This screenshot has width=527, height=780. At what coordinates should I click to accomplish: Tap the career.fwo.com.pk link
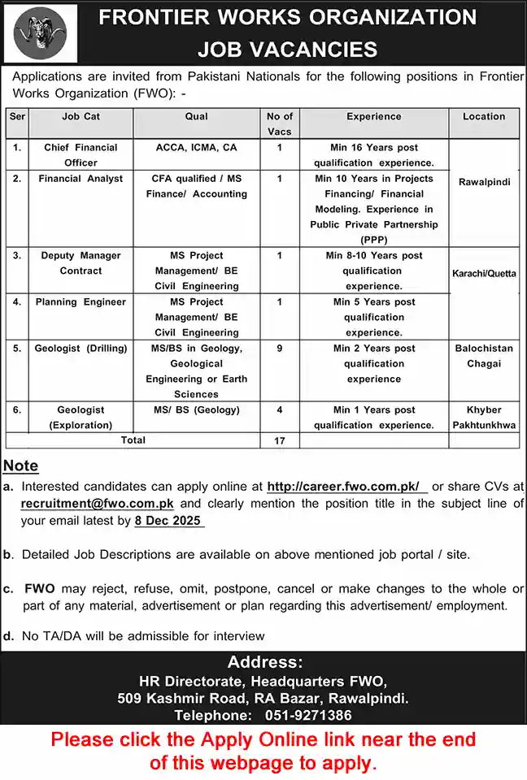click(343, 487)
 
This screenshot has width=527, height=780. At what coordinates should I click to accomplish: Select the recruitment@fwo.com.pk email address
click(98, 504)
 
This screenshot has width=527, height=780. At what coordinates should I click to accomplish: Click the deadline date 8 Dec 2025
click(169, 521)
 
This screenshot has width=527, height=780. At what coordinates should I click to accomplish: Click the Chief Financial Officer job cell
click(81, 155)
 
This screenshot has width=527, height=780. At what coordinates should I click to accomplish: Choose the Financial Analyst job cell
click(81, 179)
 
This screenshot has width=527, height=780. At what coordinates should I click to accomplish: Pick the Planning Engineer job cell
click(81, 302)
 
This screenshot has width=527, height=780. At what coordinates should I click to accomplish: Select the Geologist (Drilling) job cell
click(81, 349)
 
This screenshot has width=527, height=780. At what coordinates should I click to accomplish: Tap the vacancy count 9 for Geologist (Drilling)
click(280, 349)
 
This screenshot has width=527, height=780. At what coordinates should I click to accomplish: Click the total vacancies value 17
click(280, 440)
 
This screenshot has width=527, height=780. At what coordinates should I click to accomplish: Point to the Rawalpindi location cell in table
click(484, 182)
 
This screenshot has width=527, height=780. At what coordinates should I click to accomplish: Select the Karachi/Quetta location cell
click(484, 274)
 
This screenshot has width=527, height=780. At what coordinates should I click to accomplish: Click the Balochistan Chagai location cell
click(484, 356)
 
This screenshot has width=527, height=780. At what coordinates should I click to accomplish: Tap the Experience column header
click(373, 117)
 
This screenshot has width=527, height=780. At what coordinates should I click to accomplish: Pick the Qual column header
click(196, 117)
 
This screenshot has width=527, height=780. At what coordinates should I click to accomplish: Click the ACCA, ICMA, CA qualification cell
click(196, 148)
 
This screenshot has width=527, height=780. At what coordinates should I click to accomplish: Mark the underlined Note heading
click(20, 466)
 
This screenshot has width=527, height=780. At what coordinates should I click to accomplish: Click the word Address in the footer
click(264, 662)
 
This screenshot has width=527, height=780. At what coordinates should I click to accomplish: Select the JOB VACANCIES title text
click(287, 49)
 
